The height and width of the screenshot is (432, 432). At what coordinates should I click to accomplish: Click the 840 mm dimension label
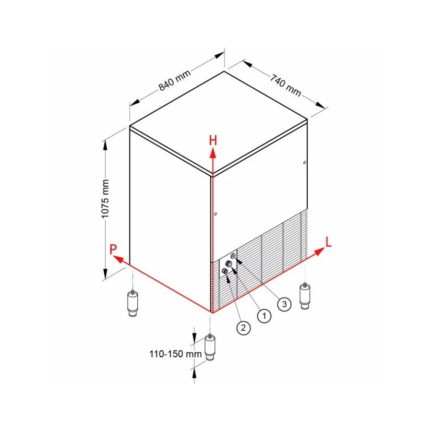pyautogui.click(x=175, y=81)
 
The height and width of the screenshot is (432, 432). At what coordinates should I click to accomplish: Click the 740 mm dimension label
pyautogui.click(x=285, y=85)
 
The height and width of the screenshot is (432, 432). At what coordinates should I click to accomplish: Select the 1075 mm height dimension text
pyautogui.click(x=105, y=199)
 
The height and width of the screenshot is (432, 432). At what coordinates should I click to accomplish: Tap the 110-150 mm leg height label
pyautogui.click(x=176, y=353)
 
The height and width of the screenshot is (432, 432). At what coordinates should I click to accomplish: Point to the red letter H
pyautogui.click(x=213, y=141)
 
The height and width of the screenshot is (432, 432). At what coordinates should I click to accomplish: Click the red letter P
pyautogui.click(x=113, y=249)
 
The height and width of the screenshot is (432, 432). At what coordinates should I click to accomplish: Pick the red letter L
pyautogui.click(x=328, y=242)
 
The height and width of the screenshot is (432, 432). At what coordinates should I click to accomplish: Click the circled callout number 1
pyautogui.click(x=264, y=315)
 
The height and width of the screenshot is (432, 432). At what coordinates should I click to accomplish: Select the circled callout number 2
pyautogui.click(x=243, y=327)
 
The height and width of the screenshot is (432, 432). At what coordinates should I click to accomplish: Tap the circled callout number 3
pyautogui.click(x=284, y=304)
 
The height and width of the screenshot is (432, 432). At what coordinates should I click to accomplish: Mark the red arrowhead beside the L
pyautogui.click(x=320, y=251)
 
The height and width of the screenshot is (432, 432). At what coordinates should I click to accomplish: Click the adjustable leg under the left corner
pyautogui.click(x=133, y=303)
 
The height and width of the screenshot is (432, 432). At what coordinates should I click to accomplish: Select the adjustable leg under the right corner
pyautogui.click(x=305, y=296)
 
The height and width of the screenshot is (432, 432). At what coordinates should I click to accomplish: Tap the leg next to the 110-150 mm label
pyautogui.click(x=211, y=347)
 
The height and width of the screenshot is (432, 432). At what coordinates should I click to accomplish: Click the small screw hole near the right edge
pyautogui.click(x=304, y=163)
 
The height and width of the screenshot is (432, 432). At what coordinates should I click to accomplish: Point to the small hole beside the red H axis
pyautogui.click(x=216, y=214)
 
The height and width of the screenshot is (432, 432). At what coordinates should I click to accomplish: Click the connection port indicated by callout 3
pyautogui.click(x=233, y=256)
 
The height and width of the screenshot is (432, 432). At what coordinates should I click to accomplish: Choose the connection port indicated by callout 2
pyautogui.click(x=225, y=271)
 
